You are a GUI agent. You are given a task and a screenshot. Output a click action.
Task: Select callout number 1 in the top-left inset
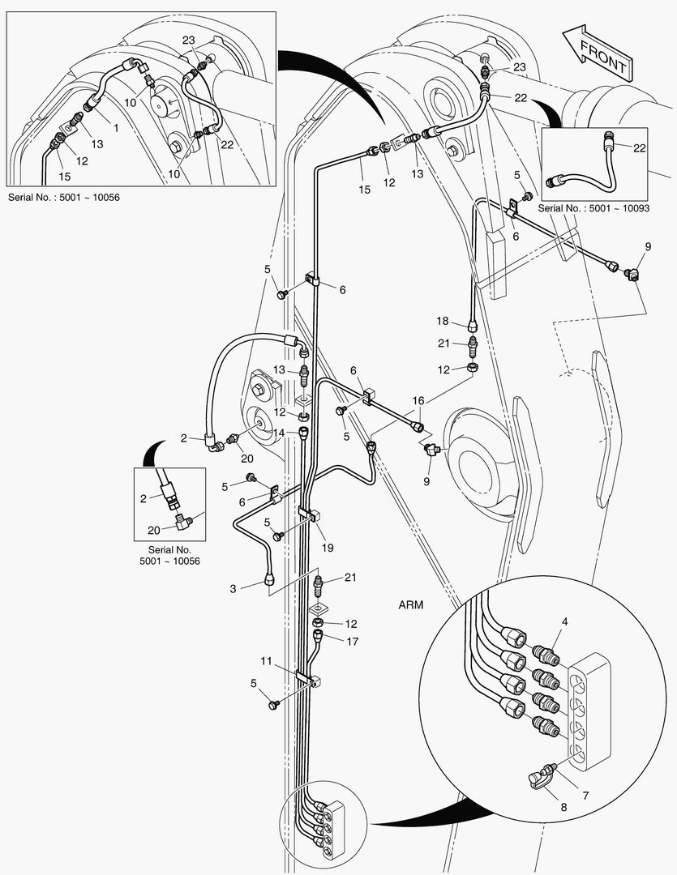115,127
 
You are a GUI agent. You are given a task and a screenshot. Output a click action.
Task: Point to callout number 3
233,589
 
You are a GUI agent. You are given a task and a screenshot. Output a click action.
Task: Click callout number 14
279,433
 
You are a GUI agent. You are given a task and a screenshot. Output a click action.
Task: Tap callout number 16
418,400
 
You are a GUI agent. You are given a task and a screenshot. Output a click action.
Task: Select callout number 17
350,642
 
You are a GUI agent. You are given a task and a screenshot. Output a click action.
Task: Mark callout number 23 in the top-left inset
188,40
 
